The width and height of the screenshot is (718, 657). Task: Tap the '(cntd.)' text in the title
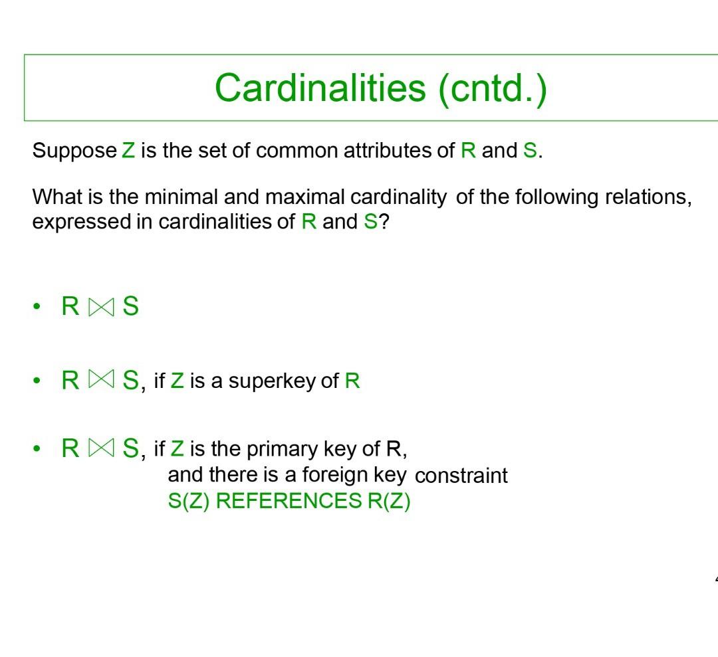coord(493,88)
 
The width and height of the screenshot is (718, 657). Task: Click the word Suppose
coord(74,151)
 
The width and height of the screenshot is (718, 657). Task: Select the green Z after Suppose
coord(128,151)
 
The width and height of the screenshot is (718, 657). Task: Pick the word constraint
coord(461,476)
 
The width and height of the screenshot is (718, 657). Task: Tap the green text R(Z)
coord(389,501)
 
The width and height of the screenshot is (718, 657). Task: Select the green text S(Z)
coord(189,501)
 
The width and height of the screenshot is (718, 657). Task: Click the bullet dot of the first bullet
coord(37,307)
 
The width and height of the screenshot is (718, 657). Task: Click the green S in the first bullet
coord(130,307)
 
